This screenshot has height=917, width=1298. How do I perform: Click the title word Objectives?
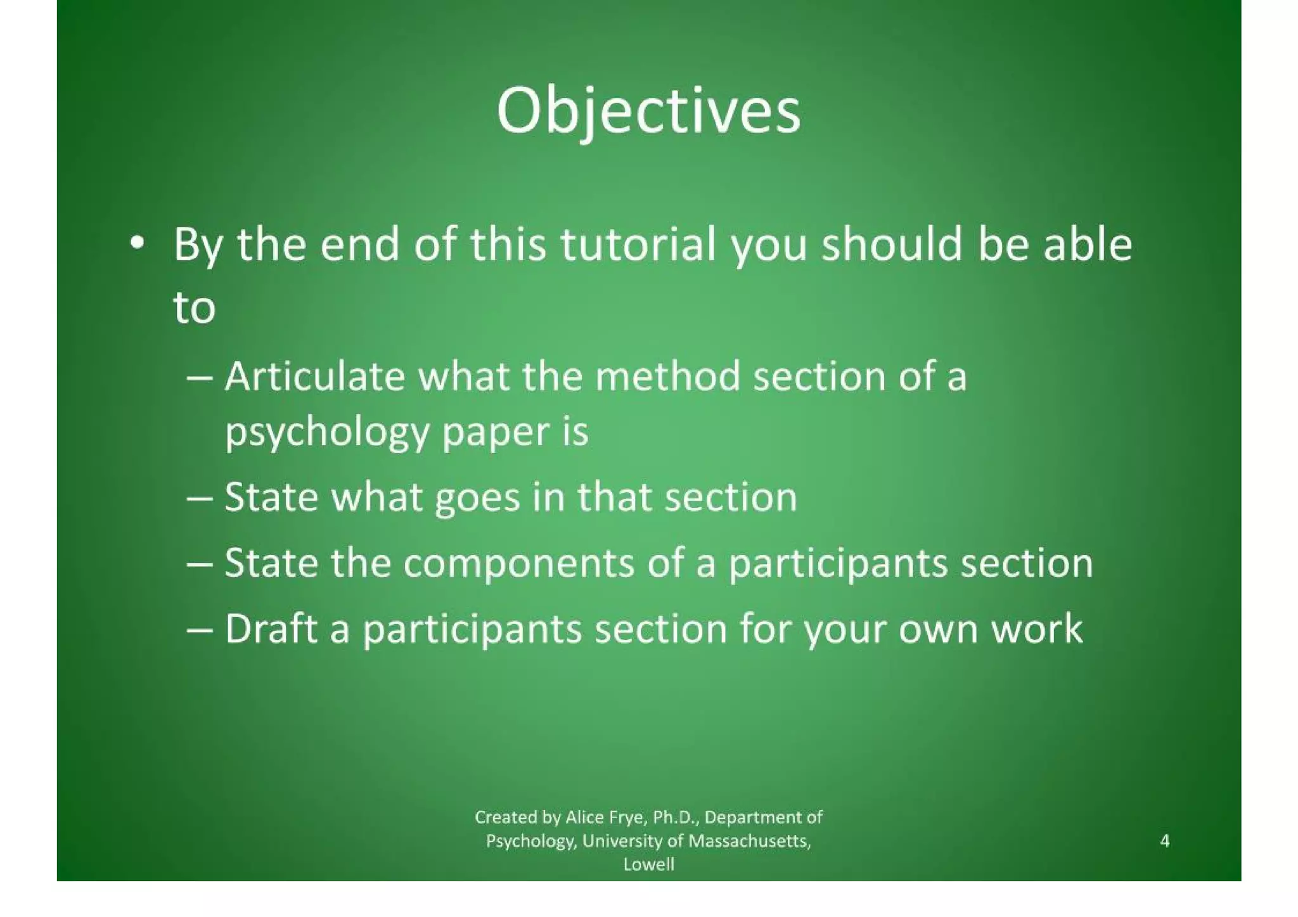click(x=648, y=112)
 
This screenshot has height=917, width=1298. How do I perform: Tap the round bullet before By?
click(x=136, y=243)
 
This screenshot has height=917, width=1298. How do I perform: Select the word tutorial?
click(x=638, y=245)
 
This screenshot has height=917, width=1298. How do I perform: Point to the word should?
click(x=892, y=245)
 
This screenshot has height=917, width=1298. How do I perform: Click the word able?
click(x=1088, y=245)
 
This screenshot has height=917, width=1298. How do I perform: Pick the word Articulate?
click(x=315, y=376)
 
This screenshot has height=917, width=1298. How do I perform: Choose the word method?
click(x=667, y=376)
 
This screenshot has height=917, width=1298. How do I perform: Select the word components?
click(x=518, y=563)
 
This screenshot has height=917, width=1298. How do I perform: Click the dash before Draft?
click(x=200, y=630)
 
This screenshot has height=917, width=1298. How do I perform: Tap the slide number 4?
click(x=1164, y=841)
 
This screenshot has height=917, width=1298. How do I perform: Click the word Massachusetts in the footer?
click(x=749, y=841)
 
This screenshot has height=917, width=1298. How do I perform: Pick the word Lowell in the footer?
click(x=648, y=864)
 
